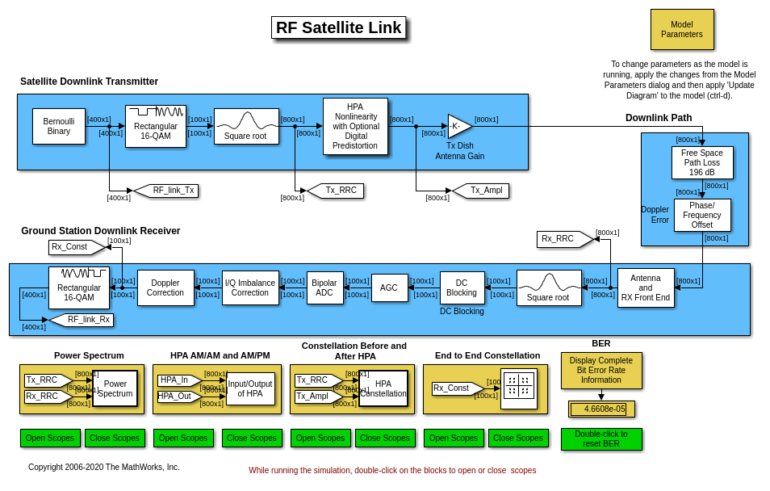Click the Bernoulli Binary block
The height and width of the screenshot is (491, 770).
click(x=59, y=126)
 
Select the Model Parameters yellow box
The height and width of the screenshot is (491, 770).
click(x=682, y=30)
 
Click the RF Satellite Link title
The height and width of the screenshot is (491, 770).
click(x=339, y=27)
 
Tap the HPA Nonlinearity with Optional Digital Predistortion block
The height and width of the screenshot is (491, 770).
click(x=355, y=127)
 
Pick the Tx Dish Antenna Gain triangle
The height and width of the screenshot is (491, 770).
click(x=458, y=126)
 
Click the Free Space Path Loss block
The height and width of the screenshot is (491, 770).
click(x=702, y=162)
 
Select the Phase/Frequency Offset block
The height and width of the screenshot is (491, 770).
click(x=702, y=215)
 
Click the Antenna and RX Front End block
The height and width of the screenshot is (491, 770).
click(x=646, y=287)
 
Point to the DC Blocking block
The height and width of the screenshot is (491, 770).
click(x=462, y=287)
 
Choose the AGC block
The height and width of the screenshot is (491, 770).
click(x=389, y=287)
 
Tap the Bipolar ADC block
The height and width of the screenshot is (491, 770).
click(x=324, y=287)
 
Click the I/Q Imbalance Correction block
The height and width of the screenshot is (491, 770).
click(x=250, y=287)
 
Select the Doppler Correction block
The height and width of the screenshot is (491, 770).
click(x=165, y=287)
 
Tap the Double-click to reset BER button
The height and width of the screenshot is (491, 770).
click(x=601, y=439)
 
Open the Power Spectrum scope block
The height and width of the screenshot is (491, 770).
click(x=115, y=388)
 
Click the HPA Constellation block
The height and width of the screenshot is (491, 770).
click(x=383, y=388)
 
